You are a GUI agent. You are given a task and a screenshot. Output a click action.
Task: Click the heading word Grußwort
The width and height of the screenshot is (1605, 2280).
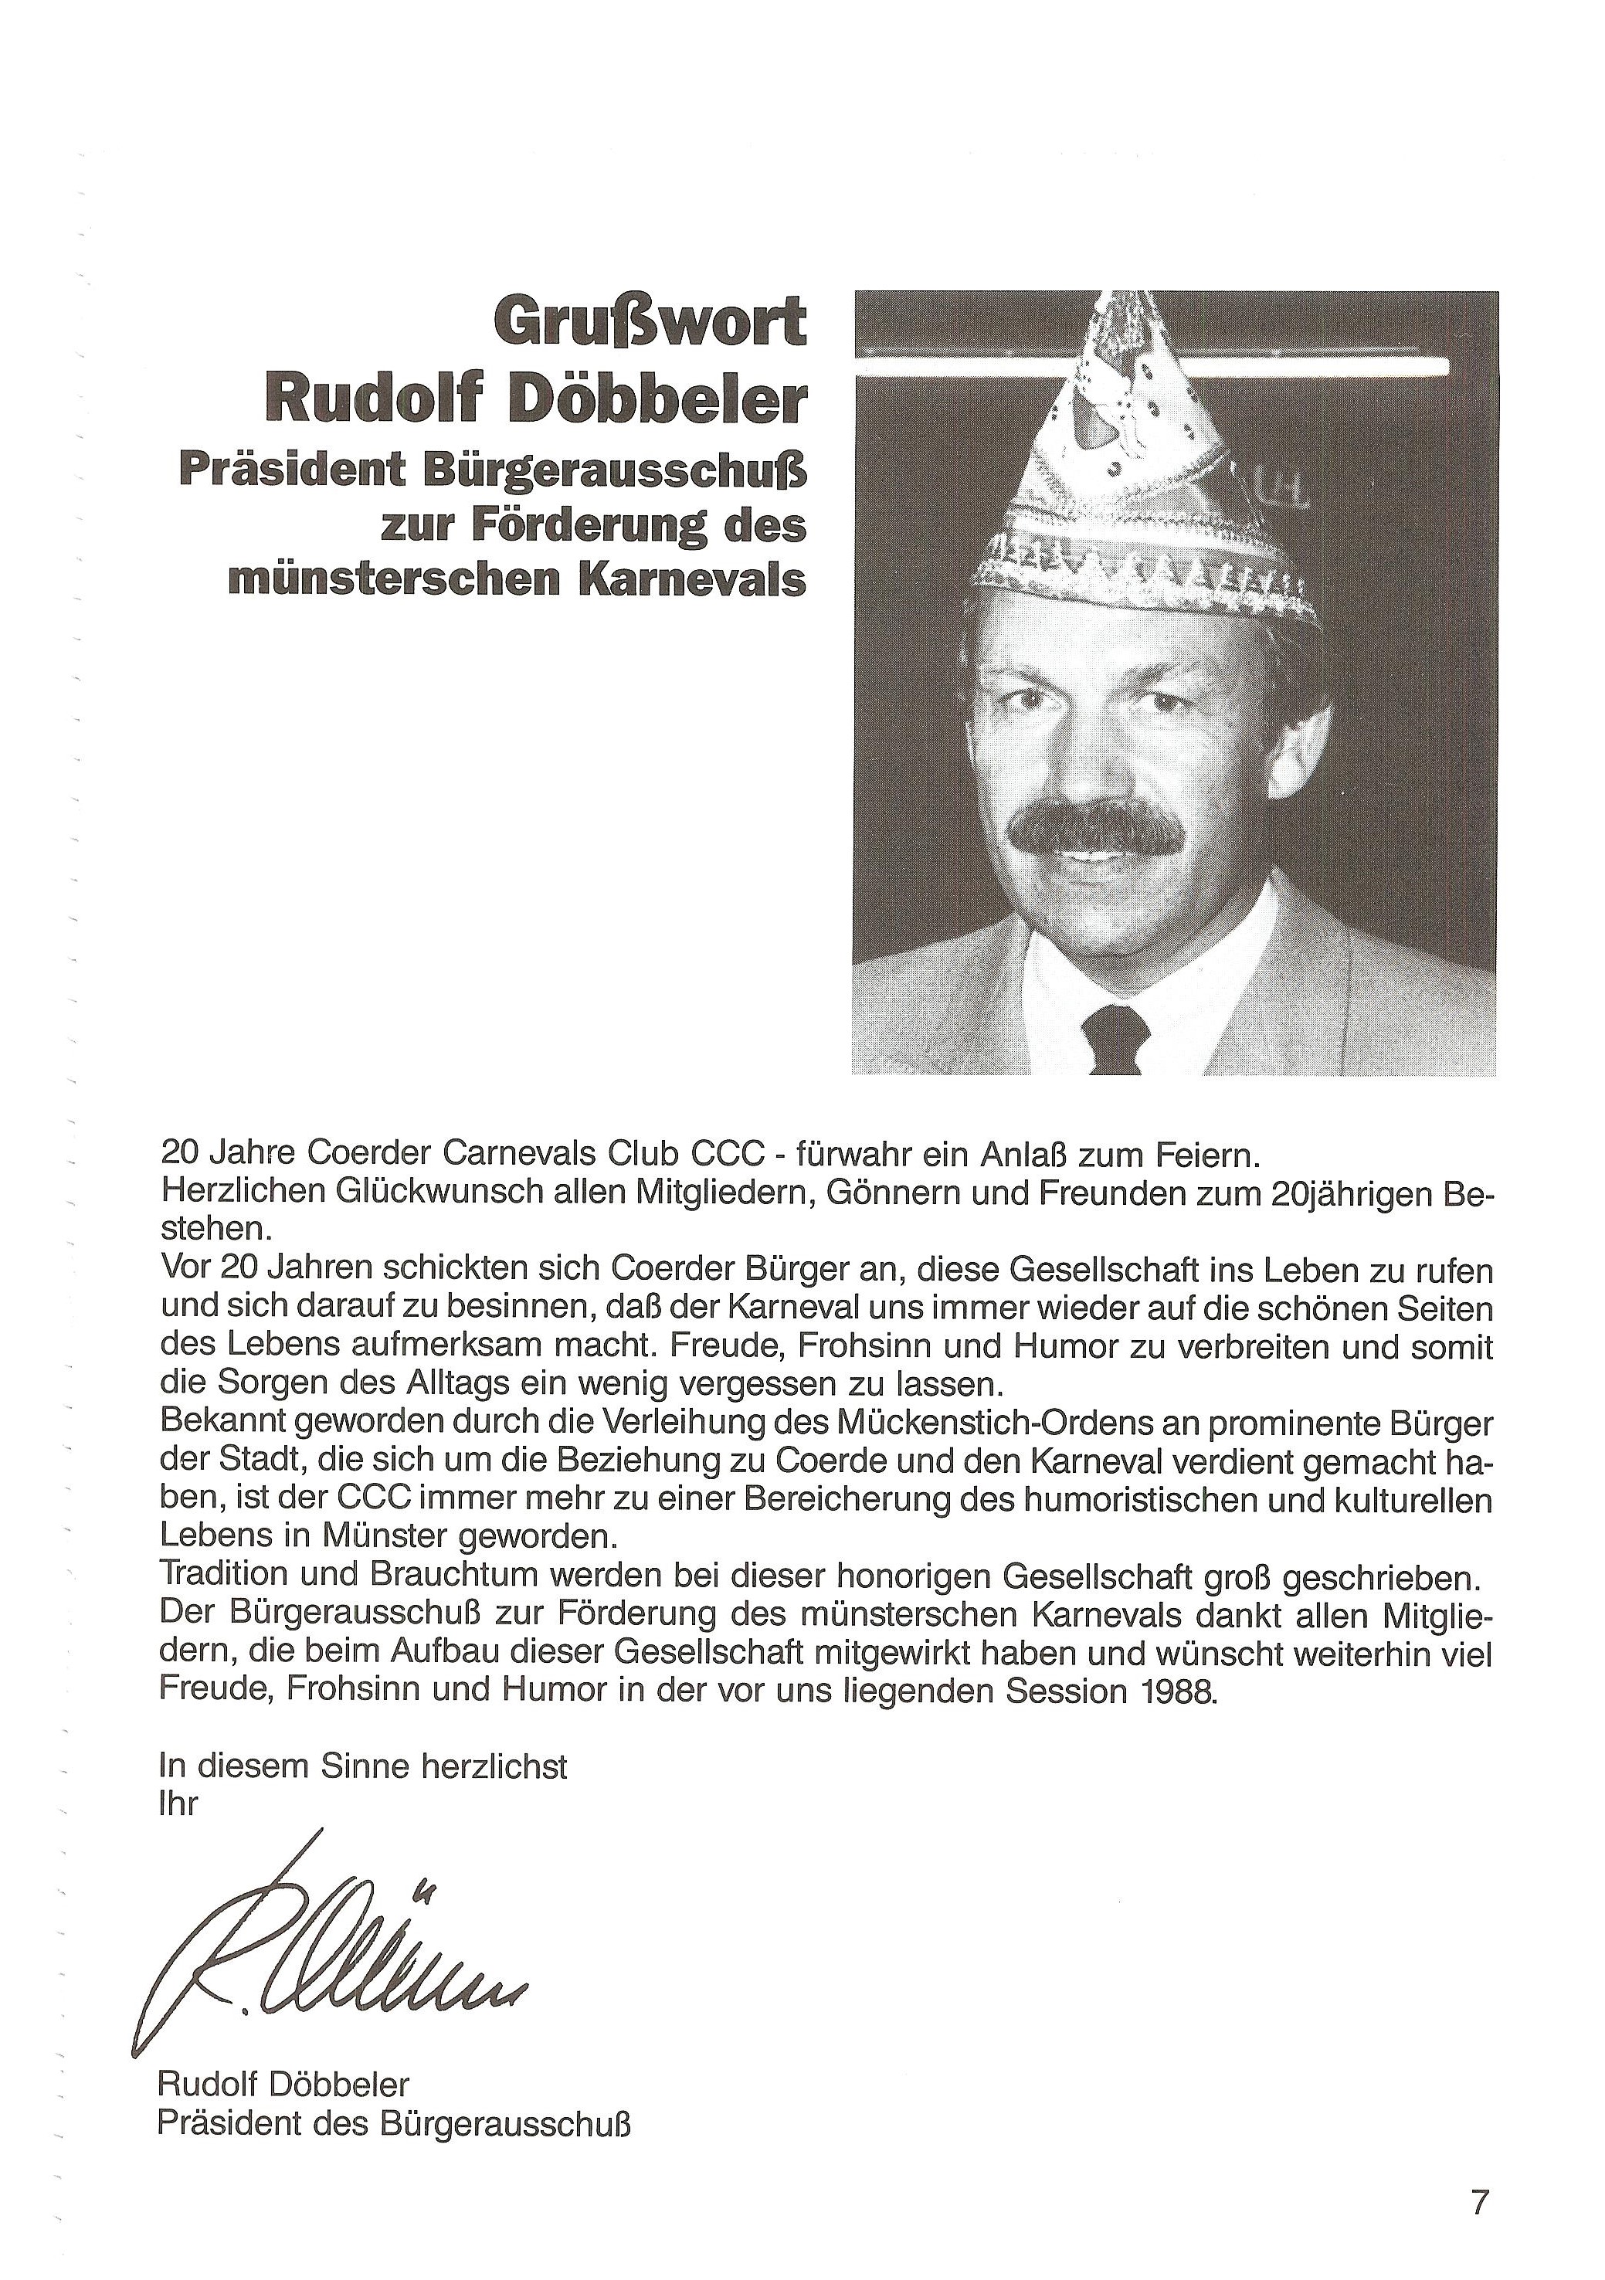[x=650, y=324]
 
